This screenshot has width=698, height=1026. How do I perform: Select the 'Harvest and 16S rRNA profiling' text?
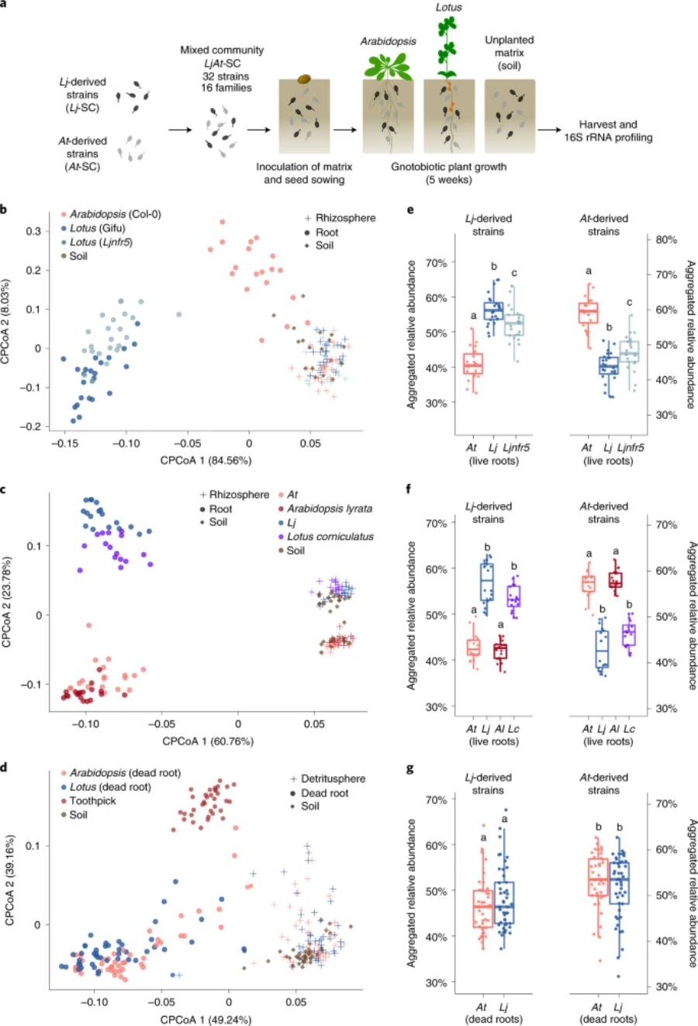608,131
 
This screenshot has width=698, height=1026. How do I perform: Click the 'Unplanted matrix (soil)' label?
509,53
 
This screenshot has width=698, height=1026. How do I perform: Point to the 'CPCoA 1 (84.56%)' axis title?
206,461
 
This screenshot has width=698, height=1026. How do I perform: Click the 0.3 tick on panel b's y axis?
33,231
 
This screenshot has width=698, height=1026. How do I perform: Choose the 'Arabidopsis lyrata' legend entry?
330,509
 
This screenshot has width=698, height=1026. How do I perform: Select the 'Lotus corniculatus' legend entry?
330,537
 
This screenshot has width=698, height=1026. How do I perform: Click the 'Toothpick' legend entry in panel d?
92,801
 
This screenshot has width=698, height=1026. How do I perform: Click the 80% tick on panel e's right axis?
666,240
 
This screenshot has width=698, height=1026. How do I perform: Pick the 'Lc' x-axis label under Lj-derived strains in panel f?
513,729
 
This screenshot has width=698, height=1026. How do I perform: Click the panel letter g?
409,769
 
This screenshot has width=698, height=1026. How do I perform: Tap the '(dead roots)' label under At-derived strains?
608,1019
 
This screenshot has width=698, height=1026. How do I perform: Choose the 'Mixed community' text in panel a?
222,50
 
